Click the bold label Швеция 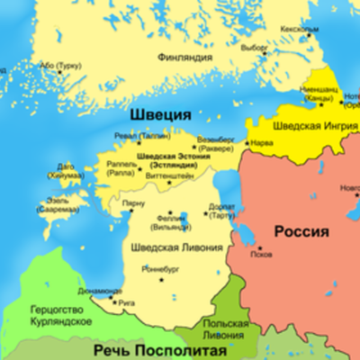160,115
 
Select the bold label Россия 301,231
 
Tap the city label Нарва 261,142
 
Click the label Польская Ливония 220,328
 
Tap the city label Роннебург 158,269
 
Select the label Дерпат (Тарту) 222,211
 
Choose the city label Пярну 134,206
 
